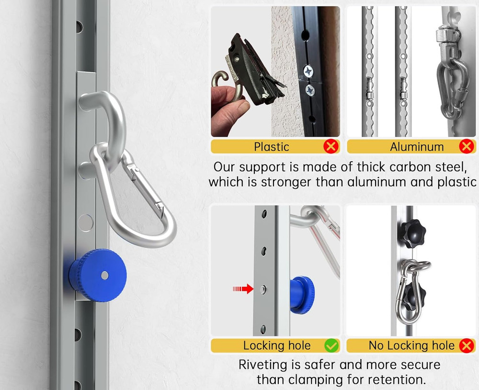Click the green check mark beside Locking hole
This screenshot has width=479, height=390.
click(331, 345)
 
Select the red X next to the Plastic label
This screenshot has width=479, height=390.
click(331, 146)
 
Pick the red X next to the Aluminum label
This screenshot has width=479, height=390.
click(466, 146)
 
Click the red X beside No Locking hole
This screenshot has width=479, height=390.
click(466, 345)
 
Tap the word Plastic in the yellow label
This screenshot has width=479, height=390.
click(272, 147)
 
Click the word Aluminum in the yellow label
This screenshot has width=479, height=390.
click(417, 147)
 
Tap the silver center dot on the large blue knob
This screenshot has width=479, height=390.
click(104, 275)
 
